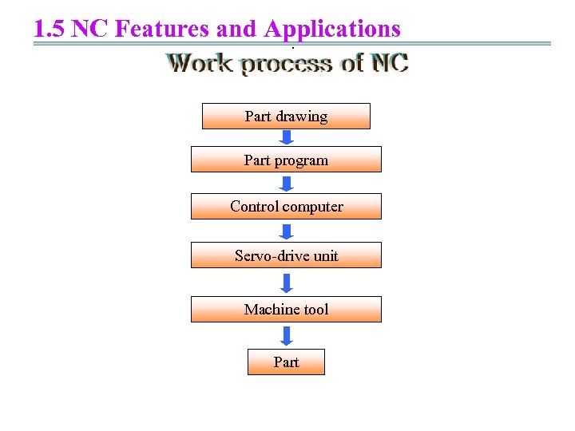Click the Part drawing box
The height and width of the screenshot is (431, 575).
(286, 116)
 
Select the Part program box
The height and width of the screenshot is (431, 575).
(286, 160)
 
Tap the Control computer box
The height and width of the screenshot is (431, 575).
(286, 206)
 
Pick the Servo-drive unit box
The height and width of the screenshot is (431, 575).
(286, 255)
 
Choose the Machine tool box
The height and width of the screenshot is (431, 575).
(286, 309)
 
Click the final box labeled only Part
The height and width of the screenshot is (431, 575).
(286, 362)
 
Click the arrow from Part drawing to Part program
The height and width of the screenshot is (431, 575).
(287, 137)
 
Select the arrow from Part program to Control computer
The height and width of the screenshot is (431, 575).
(287, 183)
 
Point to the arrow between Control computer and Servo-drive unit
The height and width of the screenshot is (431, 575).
(287, 231)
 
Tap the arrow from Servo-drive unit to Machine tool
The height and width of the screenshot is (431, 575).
(287, 283)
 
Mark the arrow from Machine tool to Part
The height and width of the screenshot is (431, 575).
(287, 335)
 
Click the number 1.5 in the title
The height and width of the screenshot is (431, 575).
(50, 30)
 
